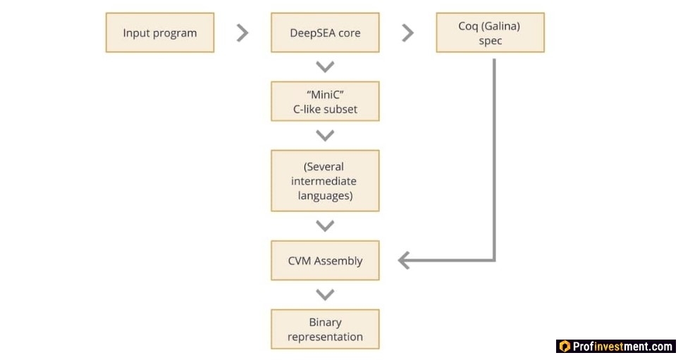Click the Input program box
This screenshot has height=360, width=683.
point(160,32)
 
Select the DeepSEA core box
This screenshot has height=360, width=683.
point(325,32)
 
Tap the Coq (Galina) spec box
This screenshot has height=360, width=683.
point(490,32)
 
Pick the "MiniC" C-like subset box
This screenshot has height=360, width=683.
point(325,101)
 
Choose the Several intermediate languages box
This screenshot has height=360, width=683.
point(325,180)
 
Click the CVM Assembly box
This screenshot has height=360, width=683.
point(325,261)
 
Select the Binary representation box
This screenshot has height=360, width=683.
point(325,329)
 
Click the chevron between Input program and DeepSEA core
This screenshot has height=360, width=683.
point(242,32)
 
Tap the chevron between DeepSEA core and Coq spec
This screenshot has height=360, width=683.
point(407,32)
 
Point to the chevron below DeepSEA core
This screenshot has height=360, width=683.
point(325,67)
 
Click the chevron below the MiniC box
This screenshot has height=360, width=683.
point(325,135)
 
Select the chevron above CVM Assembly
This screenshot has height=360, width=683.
point(325,225)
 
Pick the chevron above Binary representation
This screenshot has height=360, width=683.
point(325,294)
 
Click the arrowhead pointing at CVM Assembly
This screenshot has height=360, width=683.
point(403,261)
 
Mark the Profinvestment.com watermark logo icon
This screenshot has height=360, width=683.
point(565,347)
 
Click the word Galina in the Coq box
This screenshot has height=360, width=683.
point(502,26)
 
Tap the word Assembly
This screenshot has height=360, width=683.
point(338,261)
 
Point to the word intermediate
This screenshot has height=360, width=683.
point(324,181)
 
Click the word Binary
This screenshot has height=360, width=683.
point(325,323)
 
